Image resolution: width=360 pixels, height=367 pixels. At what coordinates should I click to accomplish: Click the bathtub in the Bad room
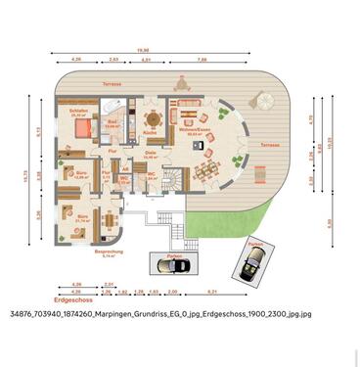[111, 106]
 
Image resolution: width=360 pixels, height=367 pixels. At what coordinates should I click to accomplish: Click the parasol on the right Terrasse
[261, 99]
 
